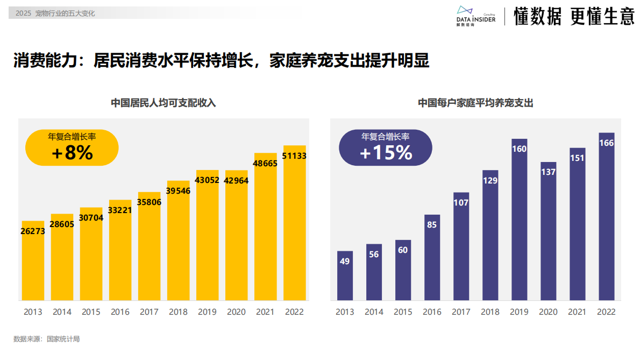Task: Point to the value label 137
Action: tap(548, 172)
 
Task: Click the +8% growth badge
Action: tap(72, 147)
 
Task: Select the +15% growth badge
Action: tap(385, 147)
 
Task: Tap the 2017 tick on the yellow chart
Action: tap(149, 312)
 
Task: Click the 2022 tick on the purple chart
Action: tap(606, 312)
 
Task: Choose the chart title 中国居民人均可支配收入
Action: tap(163, 103)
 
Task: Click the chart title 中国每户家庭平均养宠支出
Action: tap(475, 103)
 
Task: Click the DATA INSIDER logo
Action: tap(475, 16)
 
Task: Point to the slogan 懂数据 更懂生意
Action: tap(574, 16)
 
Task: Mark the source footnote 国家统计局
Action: tap(63, 339)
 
